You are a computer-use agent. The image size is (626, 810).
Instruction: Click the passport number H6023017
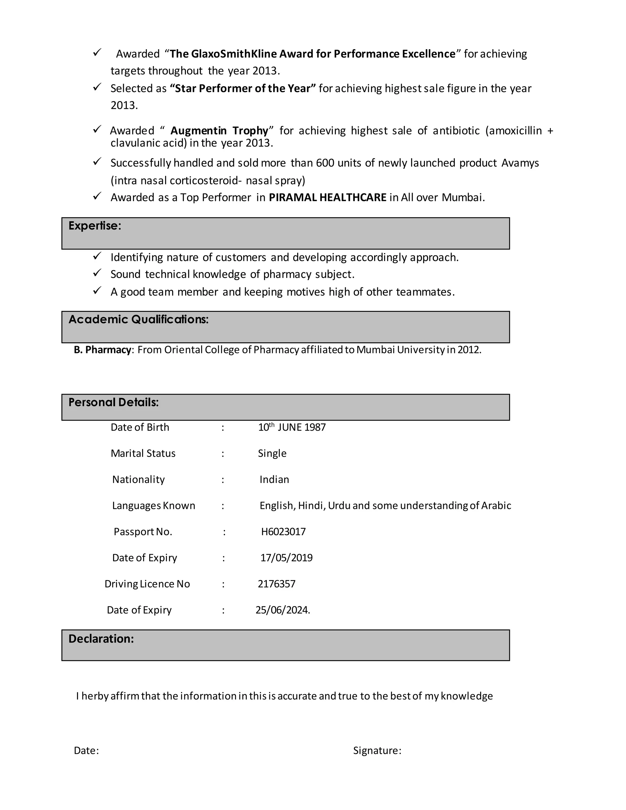283,532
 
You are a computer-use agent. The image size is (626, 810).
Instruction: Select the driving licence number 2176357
277,584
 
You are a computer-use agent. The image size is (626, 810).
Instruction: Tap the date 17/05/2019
286,558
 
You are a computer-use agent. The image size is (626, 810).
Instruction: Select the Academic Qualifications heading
138,319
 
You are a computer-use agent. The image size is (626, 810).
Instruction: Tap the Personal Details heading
113,403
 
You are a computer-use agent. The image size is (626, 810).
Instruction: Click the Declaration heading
101,639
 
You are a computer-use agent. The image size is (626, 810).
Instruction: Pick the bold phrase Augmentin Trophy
219,131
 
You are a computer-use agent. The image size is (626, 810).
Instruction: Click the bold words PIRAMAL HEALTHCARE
327,197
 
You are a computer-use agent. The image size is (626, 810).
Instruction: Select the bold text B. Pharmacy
102,350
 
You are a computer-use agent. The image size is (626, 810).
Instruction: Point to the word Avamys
520,163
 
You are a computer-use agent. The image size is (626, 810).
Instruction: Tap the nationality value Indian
274,480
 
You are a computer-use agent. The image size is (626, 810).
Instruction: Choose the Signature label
377,751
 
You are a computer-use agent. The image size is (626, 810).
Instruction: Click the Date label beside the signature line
86,751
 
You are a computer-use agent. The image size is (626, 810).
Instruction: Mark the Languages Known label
153,506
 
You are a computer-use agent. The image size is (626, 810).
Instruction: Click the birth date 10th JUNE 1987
292,427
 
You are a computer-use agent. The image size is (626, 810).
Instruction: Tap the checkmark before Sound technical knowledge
97,273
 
